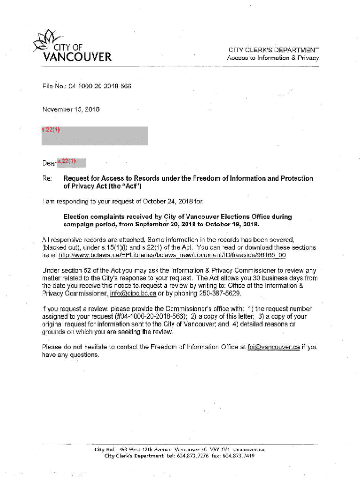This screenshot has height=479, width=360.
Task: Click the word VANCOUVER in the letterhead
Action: coord(77,58)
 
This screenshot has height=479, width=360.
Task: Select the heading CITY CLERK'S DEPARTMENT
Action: coord(274,50)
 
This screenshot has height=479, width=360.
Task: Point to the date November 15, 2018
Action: coord(71,109)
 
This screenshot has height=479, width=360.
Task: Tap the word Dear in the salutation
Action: coord(49,164)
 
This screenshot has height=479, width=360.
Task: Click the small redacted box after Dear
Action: coord(71,163)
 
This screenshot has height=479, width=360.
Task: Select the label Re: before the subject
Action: coord(46,179)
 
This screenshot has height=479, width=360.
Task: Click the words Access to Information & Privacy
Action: coord(273,58)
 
